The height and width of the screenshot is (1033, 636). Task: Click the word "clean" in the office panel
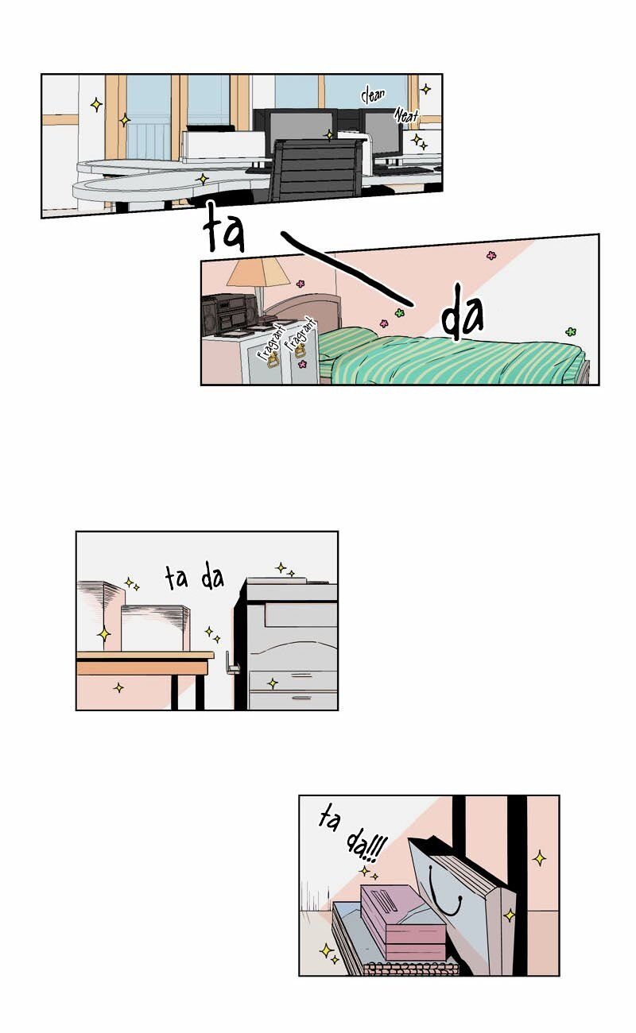click(373, 95)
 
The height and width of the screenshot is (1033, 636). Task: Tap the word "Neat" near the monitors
click(406, 115)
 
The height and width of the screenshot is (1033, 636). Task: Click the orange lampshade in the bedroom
click(258, 272)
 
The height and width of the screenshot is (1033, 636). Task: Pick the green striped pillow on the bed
click(348, 342)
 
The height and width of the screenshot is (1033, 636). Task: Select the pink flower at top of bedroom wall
click(491, 255)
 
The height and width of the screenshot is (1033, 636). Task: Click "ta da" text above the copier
click(195, 577)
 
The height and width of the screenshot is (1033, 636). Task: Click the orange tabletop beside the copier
click(145, 656)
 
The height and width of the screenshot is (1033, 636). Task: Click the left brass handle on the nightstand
click(273, 360)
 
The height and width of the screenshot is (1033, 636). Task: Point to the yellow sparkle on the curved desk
click(202, 179)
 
